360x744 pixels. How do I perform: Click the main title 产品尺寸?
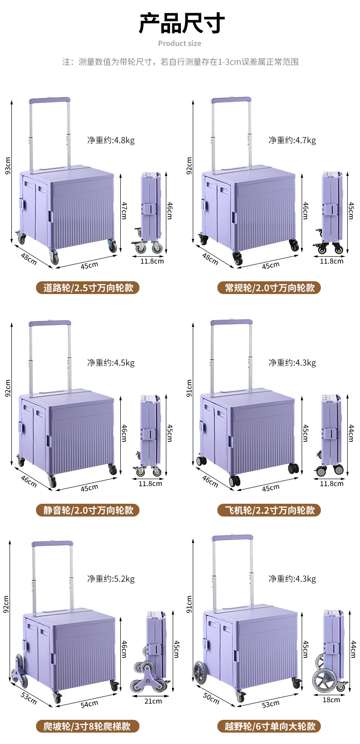pyautogui.click(x=181, y=23)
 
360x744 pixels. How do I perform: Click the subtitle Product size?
pyautogui.click(x=180, y=43)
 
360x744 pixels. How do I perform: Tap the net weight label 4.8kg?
pyautogui.click(x=111, y=140)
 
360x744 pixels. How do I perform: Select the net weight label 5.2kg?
pyautogui.click(x=111, y=579)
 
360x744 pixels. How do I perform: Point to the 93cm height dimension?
pyautogui.click(x=7, y=166)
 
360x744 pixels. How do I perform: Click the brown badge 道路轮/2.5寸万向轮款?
pyautogui.click(x=88, y=288)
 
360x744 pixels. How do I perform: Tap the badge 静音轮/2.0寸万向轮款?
pyautogui.click(x=88, y=510)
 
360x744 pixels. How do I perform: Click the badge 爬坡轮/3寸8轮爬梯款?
pyautogui.click(x=88, y=726)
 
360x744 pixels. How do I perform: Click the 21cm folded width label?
pyautogui.click(x=153, y=701)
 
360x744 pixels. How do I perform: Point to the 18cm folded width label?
pyautogui.click(x=331, y=699)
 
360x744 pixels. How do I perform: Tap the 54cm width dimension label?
pyautogui.click(x=89, y=704)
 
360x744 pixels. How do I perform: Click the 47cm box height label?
pyautogui.click(x=124, y=210)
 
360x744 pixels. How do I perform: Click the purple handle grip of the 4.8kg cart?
pyautogui.click(x=49, y=99)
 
